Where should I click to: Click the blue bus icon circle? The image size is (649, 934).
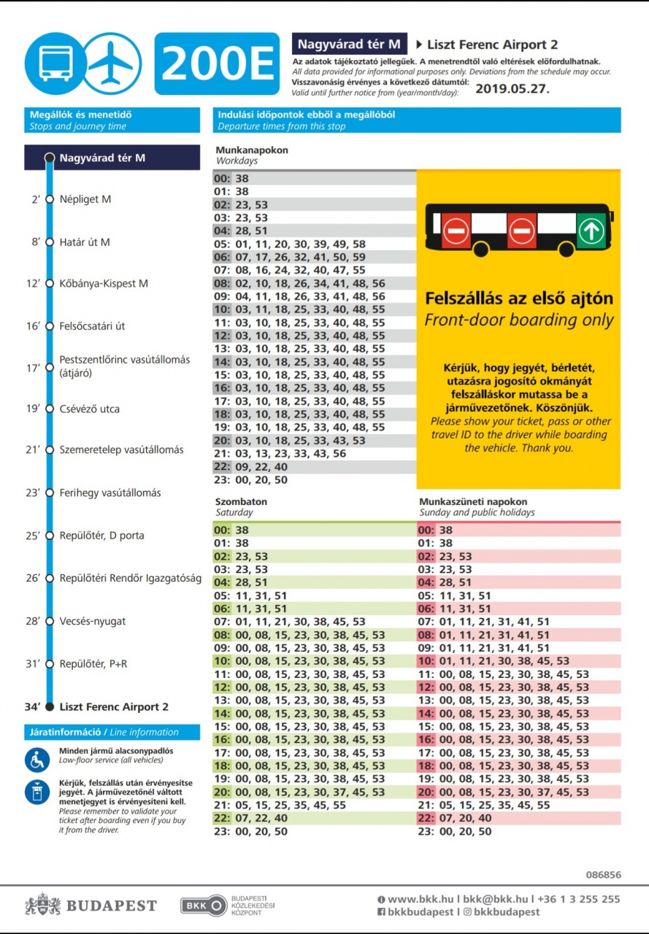[x=55, y=63]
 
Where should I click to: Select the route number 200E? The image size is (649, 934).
[x=217, y=64]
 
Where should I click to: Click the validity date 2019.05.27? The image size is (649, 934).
[x=512, y=89]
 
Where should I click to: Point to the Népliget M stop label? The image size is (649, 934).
[x=85, y=199]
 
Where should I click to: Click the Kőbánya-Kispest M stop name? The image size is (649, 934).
[x=104, y=283]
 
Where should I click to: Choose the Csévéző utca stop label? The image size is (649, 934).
[x=90, y=409]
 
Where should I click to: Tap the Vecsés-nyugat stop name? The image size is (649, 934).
[x=93, y=621]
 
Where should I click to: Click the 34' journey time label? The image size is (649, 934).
[x=32, y=706]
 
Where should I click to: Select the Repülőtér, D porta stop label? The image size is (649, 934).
[x=102, y=536]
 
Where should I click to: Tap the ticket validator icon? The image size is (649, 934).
[x=37, y=792]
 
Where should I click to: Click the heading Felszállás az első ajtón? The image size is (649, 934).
[x=519, y=298]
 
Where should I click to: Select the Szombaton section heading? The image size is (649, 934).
[x=241, y=501]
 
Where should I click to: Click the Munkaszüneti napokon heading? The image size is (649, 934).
[x=473, y=501]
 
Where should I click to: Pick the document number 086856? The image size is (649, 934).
[x=603, y=874]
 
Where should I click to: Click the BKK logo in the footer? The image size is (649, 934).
[x=204, y=906]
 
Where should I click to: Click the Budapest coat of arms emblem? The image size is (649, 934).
[x=43, y=906]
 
